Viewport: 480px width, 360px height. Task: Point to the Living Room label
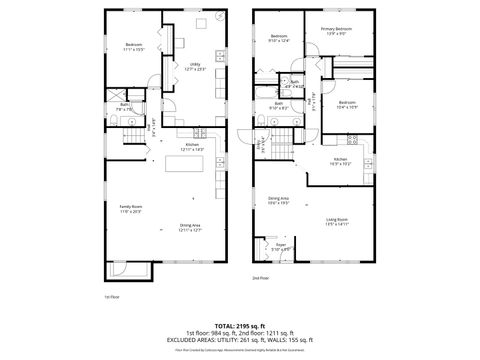(x=337, y=222)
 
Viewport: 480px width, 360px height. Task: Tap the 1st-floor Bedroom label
(x=134, y=45)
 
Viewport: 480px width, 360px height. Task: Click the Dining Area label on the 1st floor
(x=190, y=227)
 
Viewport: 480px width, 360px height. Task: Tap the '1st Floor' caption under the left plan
(x=112, y=296)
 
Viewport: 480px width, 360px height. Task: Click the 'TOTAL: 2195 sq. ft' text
(x=239, y=325)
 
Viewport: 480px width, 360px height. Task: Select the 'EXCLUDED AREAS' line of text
(x=239, y=339)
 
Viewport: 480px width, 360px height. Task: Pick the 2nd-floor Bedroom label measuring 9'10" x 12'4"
(x=279, y=39)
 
